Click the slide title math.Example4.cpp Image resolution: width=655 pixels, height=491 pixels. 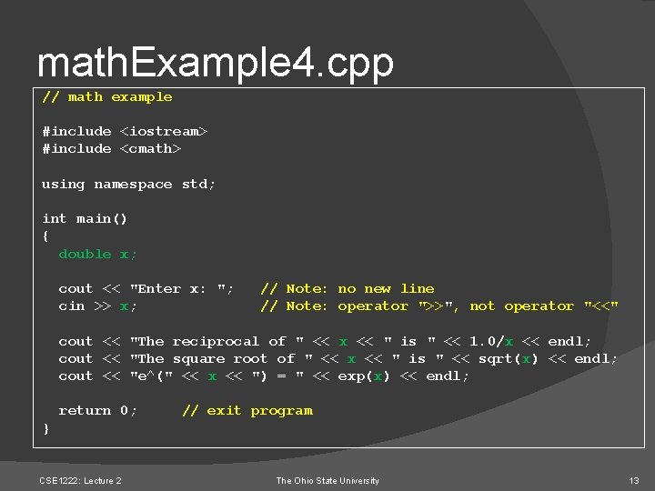click(x=216, y=64)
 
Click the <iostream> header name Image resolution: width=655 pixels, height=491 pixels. click(x=164, y=132)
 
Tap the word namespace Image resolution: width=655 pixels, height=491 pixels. click(x=133, y=185)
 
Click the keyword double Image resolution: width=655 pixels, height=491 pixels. click(x=85, y=255)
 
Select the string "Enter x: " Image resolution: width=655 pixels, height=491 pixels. click(x=182, y=289)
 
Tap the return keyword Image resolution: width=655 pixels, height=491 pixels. click(x=85, y=411)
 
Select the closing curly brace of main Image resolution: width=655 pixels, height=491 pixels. click(x=45, y=428)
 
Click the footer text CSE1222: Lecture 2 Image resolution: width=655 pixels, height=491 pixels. click(x=80, y=480)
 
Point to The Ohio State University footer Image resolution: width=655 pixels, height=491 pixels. click(x=327, y=480)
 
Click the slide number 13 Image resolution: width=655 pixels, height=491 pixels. click(x=633, y=480)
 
